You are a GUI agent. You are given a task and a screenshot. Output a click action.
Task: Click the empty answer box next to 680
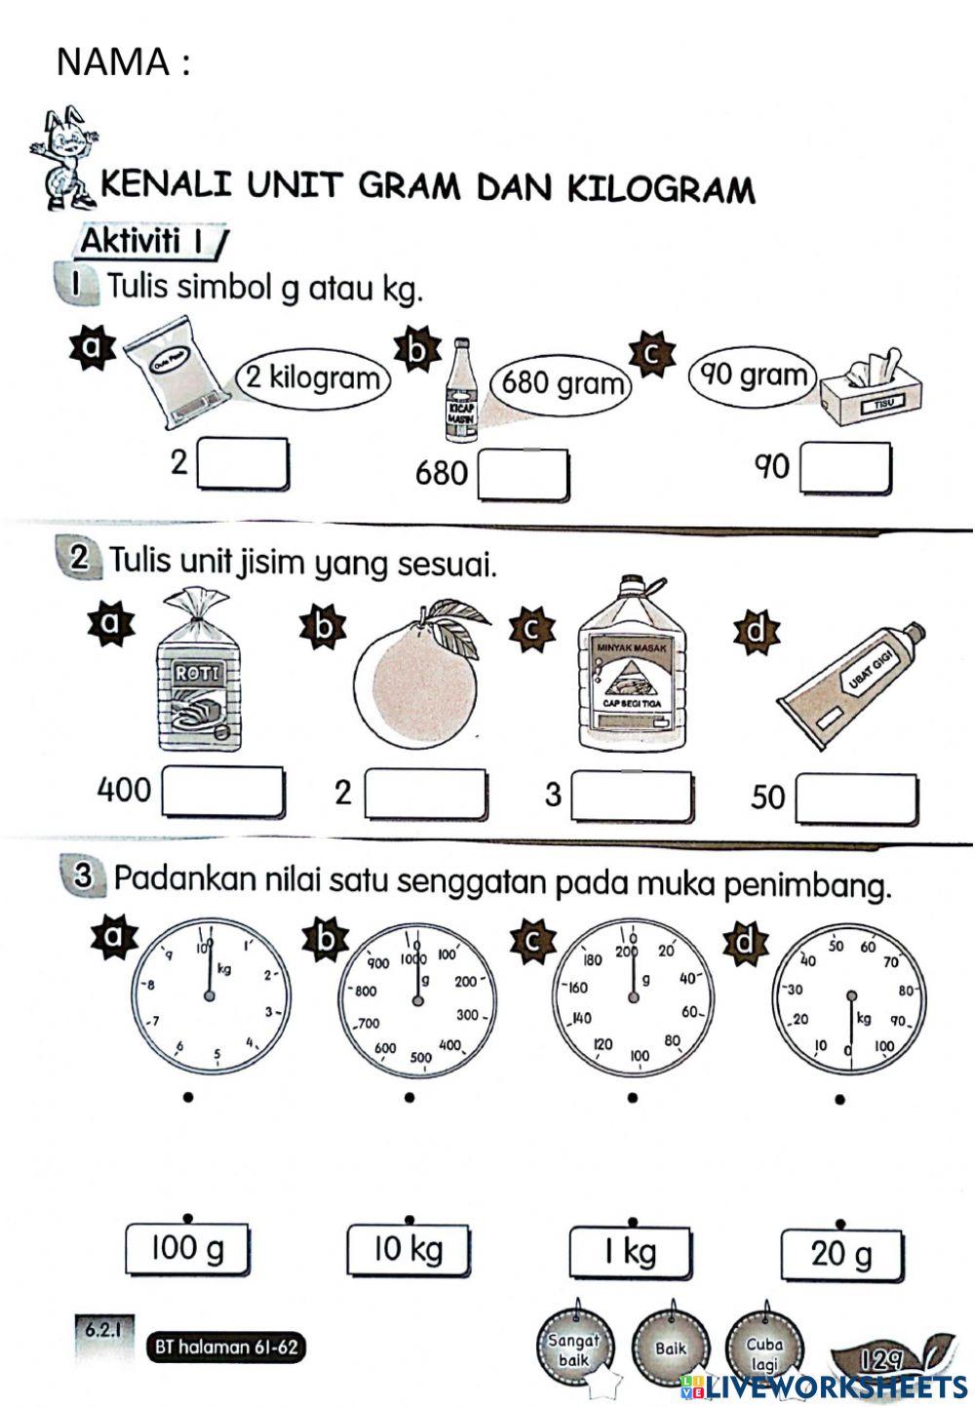click(524, 475)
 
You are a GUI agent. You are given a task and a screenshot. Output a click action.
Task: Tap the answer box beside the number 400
click(223, 793)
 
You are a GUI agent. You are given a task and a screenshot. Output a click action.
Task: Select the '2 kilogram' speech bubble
click(312, 377)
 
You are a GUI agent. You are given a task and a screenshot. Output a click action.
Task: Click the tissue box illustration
click(871, 391)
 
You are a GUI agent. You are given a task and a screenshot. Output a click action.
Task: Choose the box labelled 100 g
click(186, 1249)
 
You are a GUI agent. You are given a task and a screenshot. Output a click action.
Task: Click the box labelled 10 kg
click(408, 1249)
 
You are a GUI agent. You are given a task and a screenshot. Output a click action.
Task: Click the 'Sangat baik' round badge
click(574, 1348)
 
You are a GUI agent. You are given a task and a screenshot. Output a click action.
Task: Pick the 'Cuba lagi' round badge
click(764, 1349)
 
